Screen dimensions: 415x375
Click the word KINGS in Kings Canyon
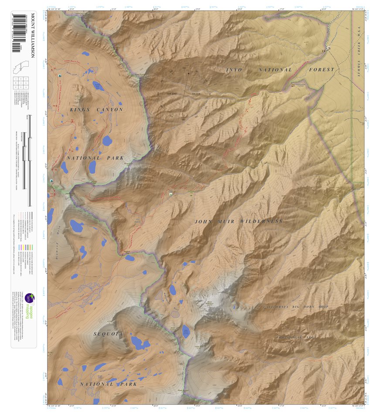click(79, 110)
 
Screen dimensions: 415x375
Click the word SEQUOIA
click(109, 334)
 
